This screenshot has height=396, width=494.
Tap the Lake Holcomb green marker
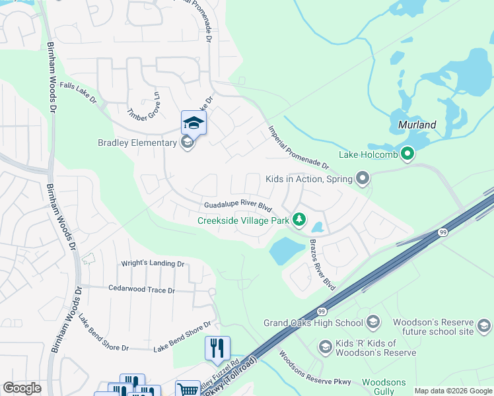tap(407, 155)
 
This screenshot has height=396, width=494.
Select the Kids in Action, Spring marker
tap(362, 178)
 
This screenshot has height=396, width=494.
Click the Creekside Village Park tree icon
tap(299, 220)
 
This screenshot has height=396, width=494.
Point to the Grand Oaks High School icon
tap(373, 323)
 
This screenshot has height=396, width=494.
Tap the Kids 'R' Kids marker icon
tap(325, 346)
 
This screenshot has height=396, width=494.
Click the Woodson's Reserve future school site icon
tap(484, 326)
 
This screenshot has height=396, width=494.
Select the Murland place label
tap(417, 124)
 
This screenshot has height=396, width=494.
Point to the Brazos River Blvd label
tap(322, 265)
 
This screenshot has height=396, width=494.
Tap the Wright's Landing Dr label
tap(153, 263)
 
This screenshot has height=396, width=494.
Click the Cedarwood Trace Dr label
tap(141, 290)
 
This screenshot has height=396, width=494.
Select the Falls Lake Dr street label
tap(78, 94)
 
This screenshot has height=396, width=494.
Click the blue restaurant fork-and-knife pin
tap(217, 347)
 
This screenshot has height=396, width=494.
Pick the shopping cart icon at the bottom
tap(188, 389)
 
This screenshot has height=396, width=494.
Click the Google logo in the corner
tap(22, 387)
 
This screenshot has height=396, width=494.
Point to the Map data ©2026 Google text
tap(452, 391)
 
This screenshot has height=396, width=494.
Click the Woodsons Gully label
tap(384, 387)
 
